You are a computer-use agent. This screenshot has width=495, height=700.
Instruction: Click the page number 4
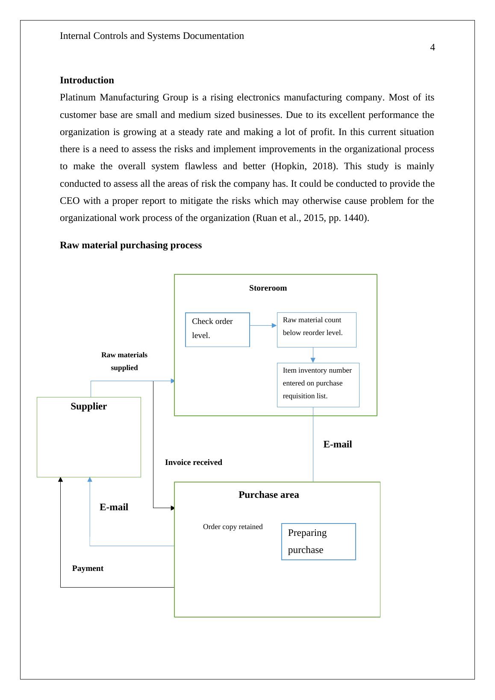(x=432, y=47)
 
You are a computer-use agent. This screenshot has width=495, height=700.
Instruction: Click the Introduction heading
(x=87, y=80)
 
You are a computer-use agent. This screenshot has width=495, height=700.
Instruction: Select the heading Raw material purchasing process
(x=130, y=245)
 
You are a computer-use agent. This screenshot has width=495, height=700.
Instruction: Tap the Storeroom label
(x=268, y=288)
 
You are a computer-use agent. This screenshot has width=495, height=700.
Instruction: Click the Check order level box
(x=217, y=329)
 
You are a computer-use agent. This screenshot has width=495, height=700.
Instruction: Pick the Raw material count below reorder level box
(x=316, y=329)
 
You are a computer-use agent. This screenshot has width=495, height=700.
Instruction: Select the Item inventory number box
(x=318, y=385)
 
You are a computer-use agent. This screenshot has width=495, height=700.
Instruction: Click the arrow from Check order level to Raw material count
(x=263, y=326)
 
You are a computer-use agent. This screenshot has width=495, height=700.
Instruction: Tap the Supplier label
(x=88, y=406)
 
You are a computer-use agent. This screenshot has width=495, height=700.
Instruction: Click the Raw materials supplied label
(x=124, y=361)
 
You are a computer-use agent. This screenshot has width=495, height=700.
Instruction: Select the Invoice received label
(x=193, y=462)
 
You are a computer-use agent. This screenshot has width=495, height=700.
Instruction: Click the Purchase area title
(x=268, y=495)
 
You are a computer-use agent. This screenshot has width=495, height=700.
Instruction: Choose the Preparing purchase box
(x=318, y=541)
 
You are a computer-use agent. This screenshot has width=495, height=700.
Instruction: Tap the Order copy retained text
(x=233, y=527)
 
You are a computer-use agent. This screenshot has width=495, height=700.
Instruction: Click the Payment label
(x=88, y=568)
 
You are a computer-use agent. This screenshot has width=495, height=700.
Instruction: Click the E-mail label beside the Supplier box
(x=114, y=507)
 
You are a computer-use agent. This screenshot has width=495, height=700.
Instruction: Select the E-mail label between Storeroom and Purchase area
(x=337, y=444)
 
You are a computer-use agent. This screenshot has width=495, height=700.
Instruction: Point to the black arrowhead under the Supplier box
(x=60, y=479)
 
